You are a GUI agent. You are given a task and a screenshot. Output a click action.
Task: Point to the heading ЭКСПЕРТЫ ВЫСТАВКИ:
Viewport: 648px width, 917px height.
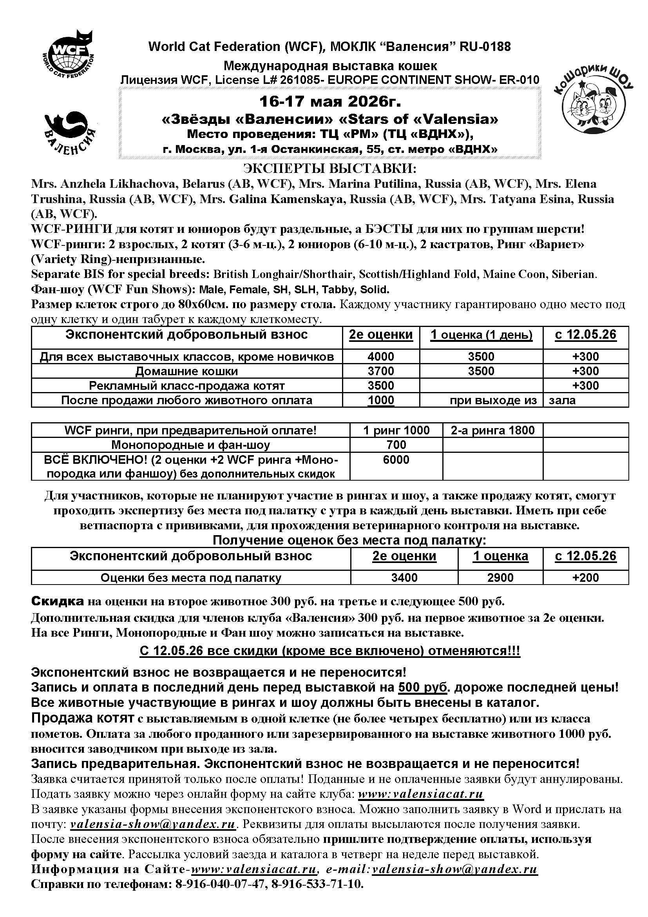pos(329,169)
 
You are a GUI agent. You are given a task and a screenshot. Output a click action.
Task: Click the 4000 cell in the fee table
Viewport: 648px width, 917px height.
pos(381,357)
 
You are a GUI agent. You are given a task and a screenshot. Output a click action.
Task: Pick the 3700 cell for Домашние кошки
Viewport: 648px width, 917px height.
pos(381,371)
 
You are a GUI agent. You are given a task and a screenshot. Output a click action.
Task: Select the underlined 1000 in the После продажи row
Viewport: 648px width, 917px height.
pos(381,401)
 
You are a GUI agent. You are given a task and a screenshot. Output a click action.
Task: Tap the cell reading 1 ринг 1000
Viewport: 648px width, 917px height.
pos(396,430)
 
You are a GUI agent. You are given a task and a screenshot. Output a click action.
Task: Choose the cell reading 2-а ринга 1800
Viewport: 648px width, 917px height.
pos(492,430)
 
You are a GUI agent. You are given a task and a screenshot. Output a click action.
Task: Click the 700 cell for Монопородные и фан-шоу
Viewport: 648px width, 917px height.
pos(396,445)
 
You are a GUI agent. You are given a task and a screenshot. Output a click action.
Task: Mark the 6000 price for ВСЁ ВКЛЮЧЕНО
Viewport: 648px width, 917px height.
pos(396,460)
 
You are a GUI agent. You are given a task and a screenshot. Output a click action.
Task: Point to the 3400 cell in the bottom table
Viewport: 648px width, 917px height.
pos(404,578)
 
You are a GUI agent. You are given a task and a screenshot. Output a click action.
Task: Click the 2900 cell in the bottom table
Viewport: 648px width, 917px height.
pos(500,578)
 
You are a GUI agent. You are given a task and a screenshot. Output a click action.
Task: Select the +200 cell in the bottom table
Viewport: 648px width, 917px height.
pos(585,578)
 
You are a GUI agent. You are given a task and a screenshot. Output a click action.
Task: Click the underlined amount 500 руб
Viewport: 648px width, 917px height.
pos(424,688)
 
